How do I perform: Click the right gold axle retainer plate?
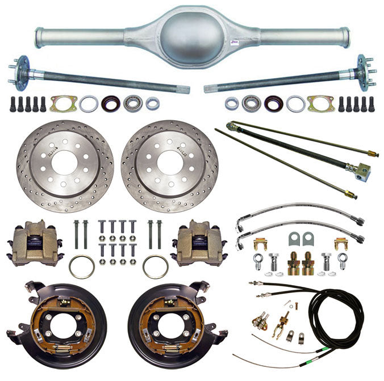click(321, 104)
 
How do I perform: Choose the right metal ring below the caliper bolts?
click(155, 266)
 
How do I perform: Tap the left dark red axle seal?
click(111, 104)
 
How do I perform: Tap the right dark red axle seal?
click(273, 104)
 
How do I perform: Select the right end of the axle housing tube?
click(345, 37)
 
